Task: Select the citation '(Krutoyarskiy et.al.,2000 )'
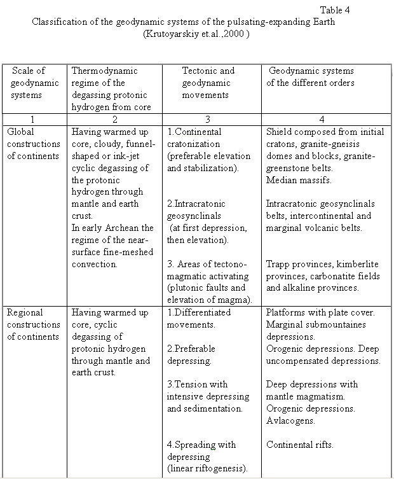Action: (x=196, y=33)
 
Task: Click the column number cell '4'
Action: (x=324, y=118)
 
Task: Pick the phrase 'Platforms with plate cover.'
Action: (x=321, y=313)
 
